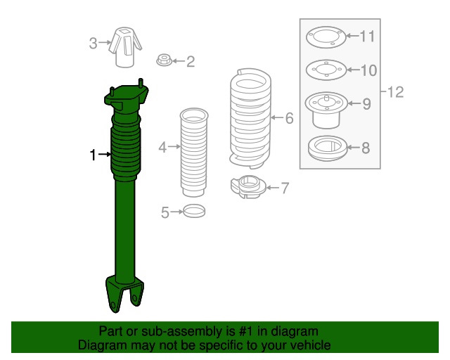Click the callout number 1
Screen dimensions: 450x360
93,155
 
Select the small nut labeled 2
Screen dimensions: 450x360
164,60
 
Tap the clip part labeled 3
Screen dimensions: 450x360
125,47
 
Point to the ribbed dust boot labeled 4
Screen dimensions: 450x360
194,152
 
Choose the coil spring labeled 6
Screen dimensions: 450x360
250,118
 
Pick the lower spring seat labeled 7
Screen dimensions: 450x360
248,187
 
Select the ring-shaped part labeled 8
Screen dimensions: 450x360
327,148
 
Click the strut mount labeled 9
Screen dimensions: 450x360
326,110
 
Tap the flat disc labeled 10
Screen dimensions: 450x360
326,70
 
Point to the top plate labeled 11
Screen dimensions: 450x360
326,37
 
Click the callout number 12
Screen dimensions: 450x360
395,92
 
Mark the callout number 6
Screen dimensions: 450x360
290,118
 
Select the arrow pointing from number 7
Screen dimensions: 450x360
273,188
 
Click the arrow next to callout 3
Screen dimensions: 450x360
105,43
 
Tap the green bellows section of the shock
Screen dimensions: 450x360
126,148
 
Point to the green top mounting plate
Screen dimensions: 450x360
127,98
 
